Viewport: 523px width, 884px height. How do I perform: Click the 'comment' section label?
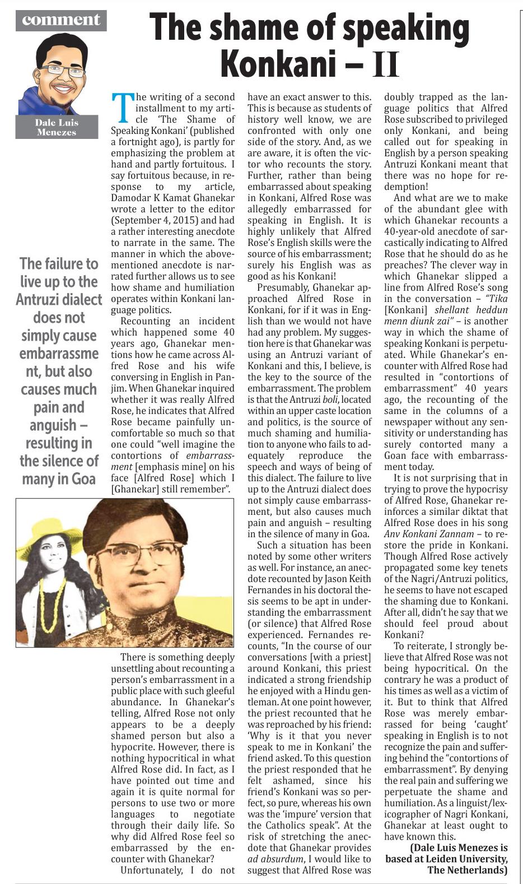point(61,20)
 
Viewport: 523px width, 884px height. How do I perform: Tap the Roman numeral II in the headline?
point(386,64)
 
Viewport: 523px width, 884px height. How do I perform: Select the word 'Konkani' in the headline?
point(278,64)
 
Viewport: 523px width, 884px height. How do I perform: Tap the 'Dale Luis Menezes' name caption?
point(57,127)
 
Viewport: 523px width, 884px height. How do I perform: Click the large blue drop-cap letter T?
point(123,107)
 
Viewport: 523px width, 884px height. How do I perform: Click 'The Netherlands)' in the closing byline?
point(468,870)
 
